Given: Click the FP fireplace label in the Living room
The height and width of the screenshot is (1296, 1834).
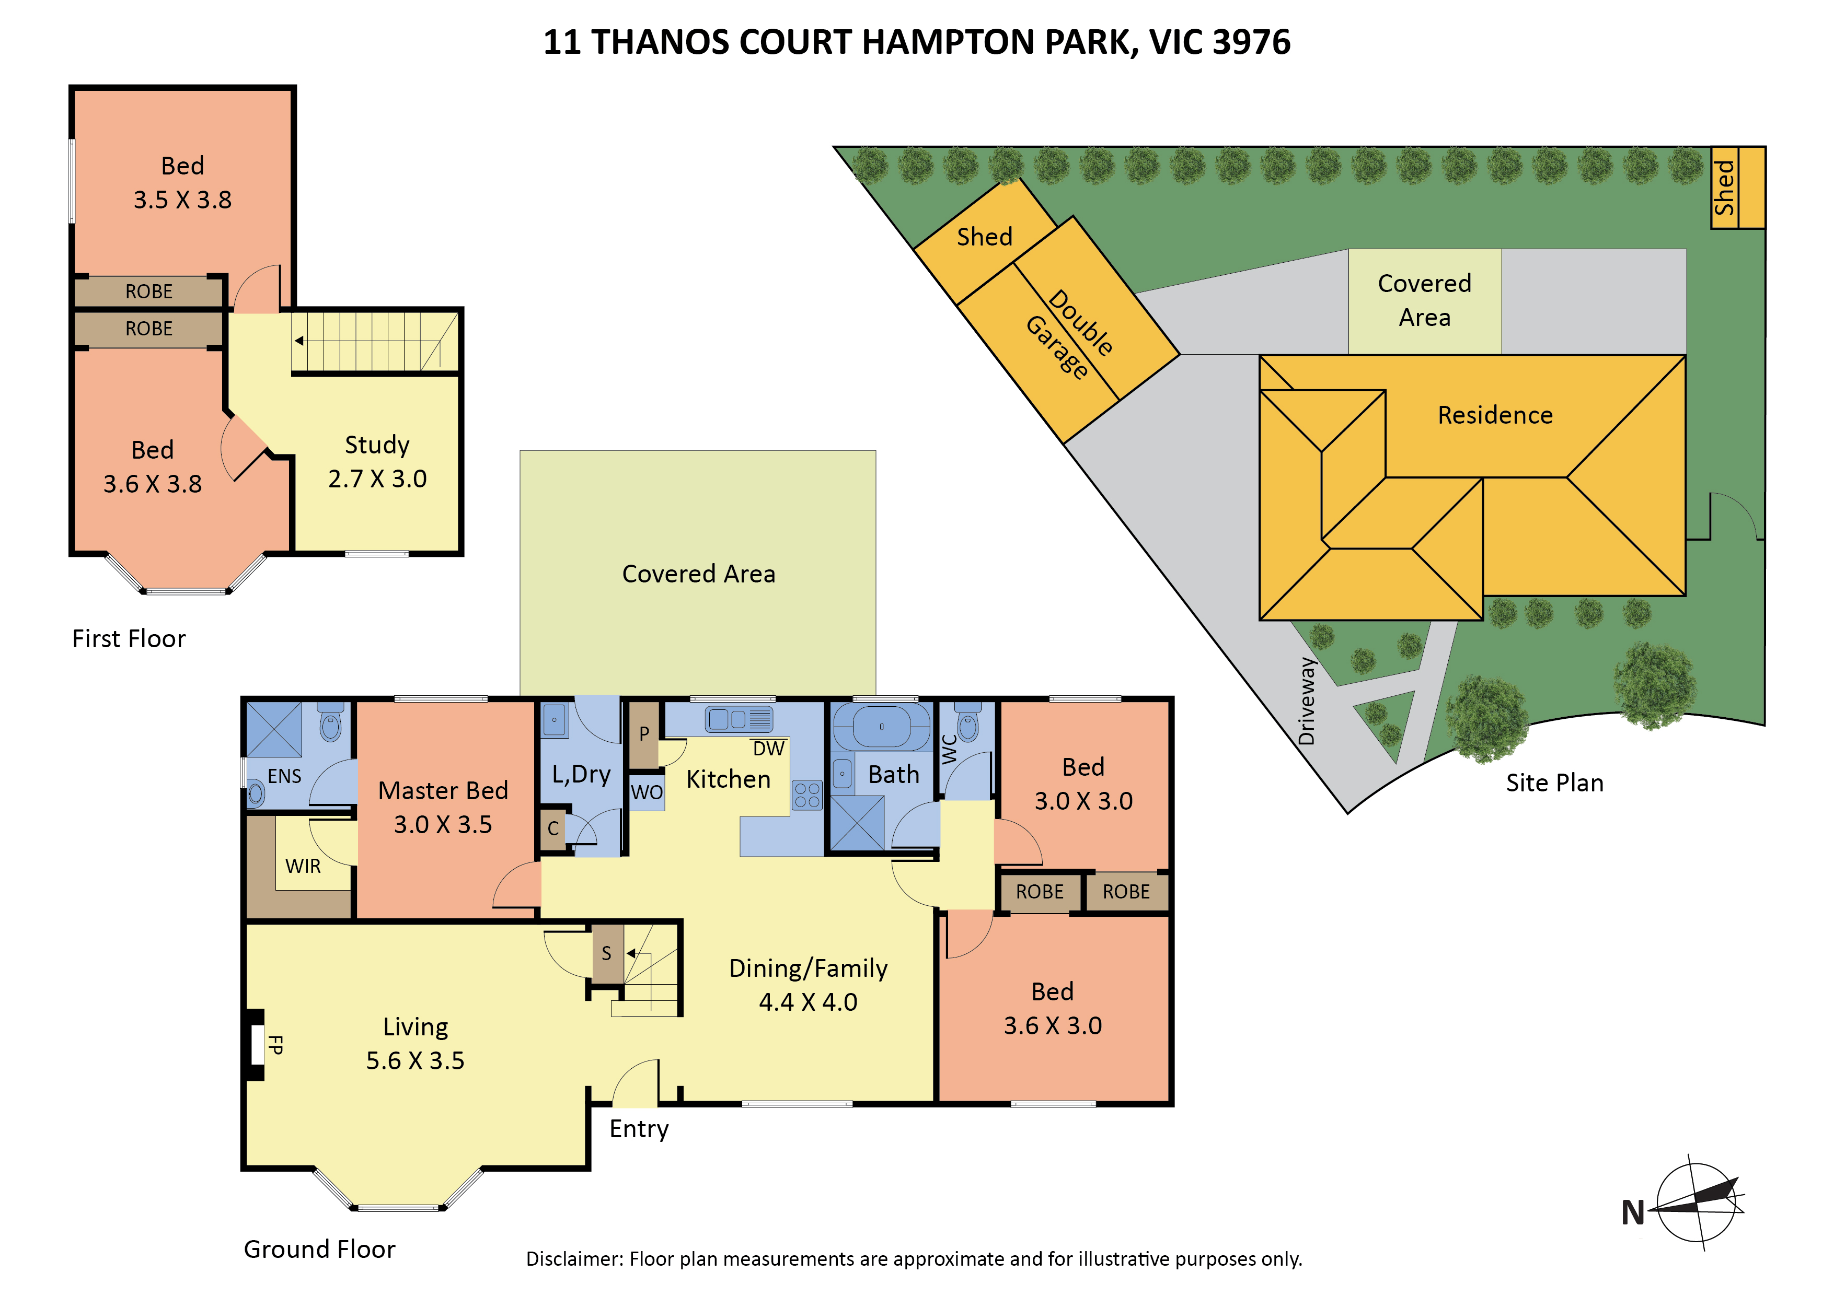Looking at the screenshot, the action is click(275, 1044).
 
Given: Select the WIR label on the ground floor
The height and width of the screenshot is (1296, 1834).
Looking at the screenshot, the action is click(303, 867).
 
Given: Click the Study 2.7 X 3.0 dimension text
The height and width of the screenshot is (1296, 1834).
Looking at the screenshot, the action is click(377, 478).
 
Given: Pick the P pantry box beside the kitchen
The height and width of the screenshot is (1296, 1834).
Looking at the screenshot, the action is click(644, 734).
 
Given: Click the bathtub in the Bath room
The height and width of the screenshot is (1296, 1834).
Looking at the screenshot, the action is click(882, 727).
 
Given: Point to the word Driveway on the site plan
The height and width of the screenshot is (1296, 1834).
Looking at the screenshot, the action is click(1307, 701).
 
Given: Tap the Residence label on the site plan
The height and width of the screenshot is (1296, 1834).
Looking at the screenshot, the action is click(1495, 415).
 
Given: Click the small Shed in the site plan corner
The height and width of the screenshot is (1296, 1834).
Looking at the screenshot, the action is click(1738, 188).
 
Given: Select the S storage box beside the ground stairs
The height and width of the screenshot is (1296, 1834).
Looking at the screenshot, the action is click(608, 953).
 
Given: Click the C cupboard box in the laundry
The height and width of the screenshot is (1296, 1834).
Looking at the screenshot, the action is click(553, 829).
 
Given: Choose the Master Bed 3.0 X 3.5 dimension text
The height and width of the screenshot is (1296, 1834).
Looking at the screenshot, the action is click(443, 824).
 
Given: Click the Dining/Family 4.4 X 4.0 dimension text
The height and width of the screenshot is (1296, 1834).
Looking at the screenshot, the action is click(809, 1002).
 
